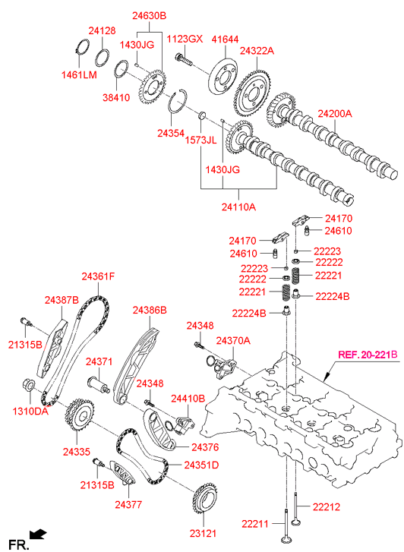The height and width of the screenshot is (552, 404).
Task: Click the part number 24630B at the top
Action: click(149, 15)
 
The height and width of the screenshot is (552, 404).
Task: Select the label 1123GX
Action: click(185, 39)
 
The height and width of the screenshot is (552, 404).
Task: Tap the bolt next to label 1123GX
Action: click(184, 60)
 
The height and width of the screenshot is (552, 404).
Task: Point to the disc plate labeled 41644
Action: click(223, 76)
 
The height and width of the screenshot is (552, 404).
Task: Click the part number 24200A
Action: click(335, 114)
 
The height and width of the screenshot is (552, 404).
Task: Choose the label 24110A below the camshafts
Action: click(238, 207)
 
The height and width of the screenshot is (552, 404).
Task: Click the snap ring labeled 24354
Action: click(178, 101)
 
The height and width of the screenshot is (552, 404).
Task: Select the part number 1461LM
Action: click(79, 74)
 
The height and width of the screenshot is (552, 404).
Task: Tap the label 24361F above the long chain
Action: click(98, 276)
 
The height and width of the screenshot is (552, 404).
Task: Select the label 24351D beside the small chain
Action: click(201, 465)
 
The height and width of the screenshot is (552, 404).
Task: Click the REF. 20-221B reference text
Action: click(368, 355)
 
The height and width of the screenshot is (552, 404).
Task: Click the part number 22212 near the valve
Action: click(326, 506)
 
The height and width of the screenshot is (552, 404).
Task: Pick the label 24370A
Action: click(233, 340)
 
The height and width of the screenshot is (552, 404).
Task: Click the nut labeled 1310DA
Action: click(29, 384)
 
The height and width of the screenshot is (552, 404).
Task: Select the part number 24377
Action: click(128, 504)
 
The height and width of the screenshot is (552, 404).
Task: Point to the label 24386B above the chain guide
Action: click(150, 310)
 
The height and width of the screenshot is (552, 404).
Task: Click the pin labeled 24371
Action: click(99, 384)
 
